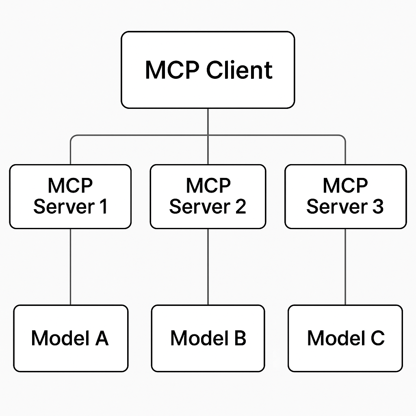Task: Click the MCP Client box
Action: [x=208, y=70]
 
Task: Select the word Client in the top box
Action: [x=239, y=70]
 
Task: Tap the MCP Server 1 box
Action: [x=70, y=196]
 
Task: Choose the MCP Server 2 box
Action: [x=208, y=196]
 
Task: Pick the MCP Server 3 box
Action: [x=345, y=196]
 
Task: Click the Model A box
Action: [x=71, y=338]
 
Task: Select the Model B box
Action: [x=208, y=338]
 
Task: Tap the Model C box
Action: [x=345, y=338]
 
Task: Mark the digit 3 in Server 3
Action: [x=377, y=206]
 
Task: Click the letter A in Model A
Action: [x=101, y=338]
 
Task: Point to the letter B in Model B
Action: [x=240, y=338]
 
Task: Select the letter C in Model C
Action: [x=377, y=338]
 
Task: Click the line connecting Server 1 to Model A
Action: [x=71, y=266]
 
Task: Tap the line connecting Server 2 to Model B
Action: [x=208, y=266]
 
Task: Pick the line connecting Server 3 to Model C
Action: [x=345, y=266]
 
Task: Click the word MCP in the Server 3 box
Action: [x=345, y=186]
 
